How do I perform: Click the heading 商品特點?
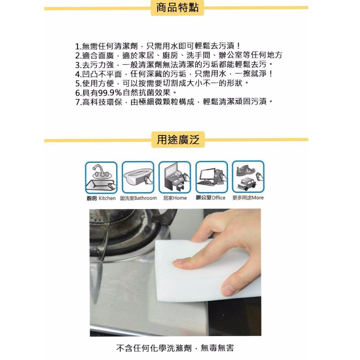point(177,8)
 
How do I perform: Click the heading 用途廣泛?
point(178,140)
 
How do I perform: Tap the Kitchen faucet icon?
point(101,177)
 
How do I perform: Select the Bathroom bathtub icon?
point(138,177)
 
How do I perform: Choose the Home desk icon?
point(175,177)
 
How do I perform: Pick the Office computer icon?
point(211,177)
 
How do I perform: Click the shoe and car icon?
point(248,177)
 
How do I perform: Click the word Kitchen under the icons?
point(107,198)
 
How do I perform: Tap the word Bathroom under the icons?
point(146,198)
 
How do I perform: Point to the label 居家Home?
point(175,198)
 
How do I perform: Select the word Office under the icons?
point(218,198)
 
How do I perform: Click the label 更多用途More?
point(248,198)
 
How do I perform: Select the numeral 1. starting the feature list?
point(78,46)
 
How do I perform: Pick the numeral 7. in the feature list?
point(78,102)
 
